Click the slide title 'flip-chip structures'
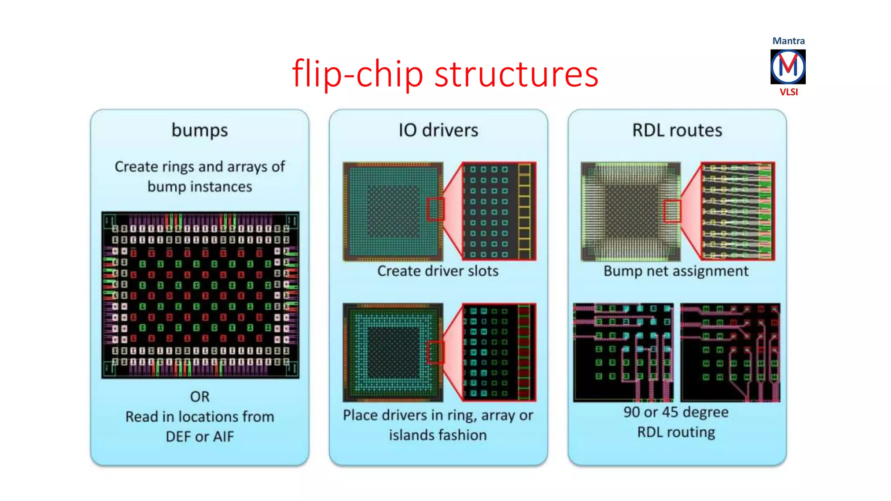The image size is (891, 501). tap(445, 74)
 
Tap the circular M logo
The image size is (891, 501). tap(788, 67)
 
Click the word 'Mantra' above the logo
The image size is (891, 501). tap(788, 41)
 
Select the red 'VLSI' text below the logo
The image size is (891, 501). tap(788, 92)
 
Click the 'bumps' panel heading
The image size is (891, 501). tap(200, 130)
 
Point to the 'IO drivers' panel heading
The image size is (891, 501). tap(438, 130)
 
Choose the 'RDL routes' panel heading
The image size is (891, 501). tap(677, 130)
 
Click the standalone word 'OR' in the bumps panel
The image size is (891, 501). tap(200, 397)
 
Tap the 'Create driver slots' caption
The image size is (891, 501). tap(438, 271)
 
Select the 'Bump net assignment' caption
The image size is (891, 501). tap(676, 271)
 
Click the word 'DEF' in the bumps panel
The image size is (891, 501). tap(178, 436)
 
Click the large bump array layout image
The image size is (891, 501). tap(200, 295)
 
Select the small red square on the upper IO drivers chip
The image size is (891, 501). tap(435, 209)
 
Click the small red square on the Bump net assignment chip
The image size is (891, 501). tap(672, 211)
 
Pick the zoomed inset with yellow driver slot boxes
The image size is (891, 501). tap(499, 211)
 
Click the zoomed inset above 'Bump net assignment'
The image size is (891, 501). tap(738, 211)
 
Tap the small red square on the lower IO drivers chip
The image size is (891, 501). tap(435, 352)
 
